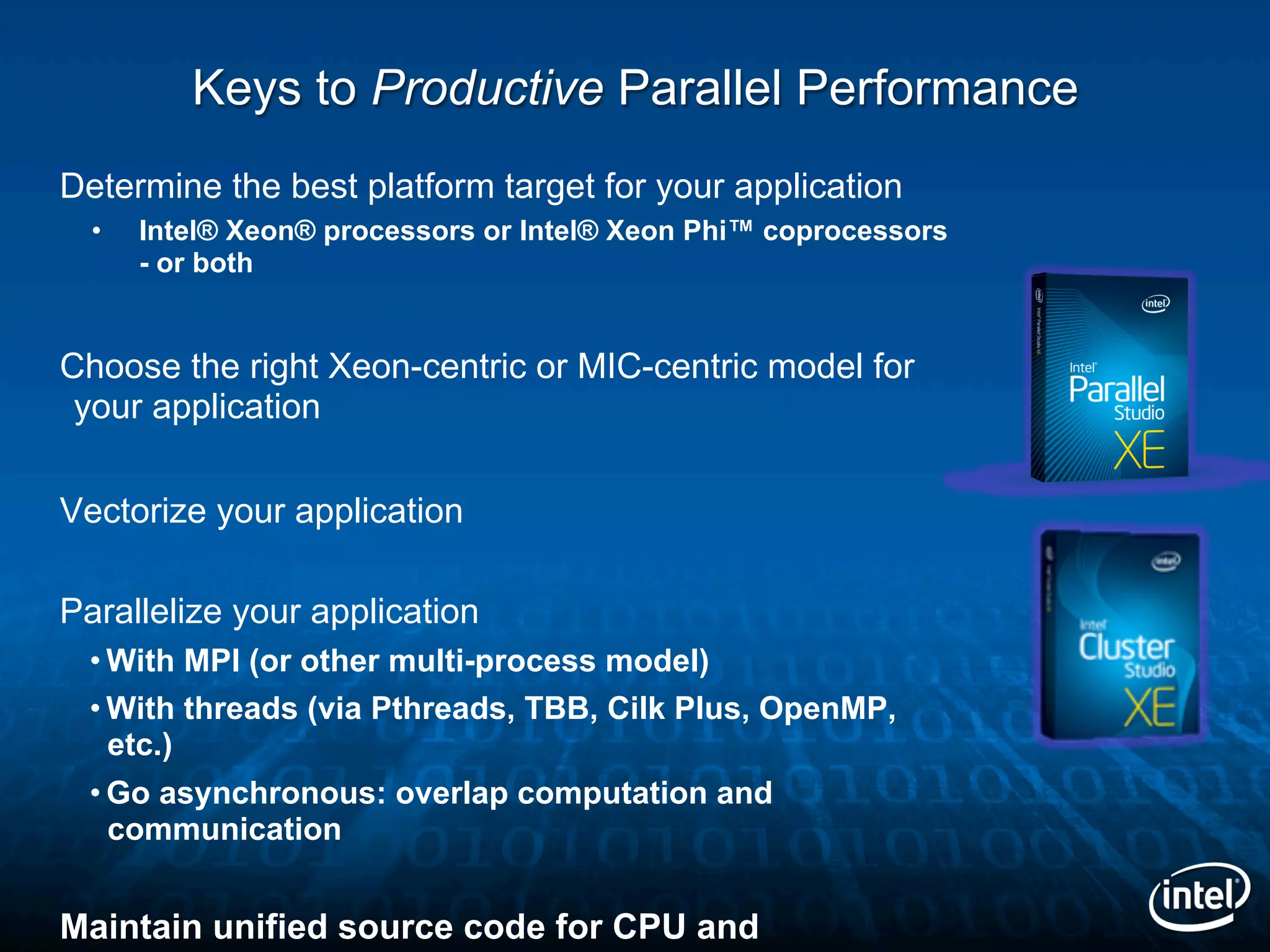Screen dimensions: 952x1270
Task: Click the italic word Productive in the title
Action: coord(487,88)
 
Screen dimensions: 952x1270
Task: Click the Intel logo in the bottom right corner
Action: coord(1199,896)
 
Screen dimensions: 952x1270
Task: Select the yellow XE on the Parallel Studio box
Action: coord(1139,451)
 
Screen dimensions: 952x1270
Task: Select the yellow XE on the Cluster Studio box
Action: coord(1149,707)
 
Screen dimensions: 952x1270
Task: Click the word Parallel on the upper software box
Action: coord(1116,390)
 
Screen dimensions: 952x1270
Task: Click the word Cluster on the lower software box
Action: coord(1126,647)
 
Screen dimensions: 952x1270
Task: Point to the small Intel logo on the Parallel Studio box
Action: coord(1155,304)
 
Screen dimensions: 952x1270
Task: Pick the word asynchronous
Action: coord(273,793)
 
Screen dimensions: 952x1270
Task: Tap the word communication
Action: coord(224,829)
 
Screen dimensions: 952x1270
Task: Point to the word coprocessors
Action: coord(855,231)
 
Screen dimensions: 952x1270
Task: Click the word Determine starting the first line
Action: coord(140,186)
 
